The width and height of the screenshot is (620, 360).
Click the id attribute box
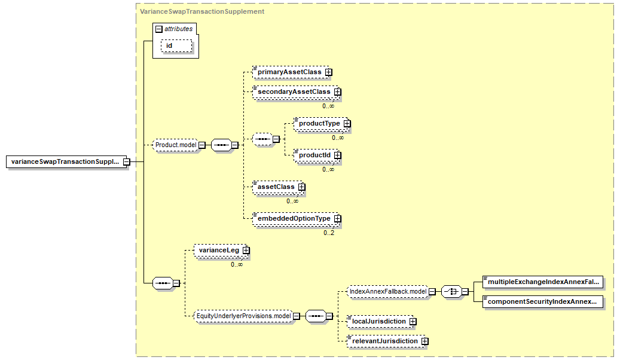click(176, 46)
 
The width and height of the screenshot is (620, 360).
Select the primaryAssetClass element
click(292, 72)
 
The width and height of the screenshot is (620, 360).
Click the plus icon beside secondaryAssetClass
click(337, 91)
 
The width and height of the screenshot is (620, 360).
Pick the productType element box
click(322, 123)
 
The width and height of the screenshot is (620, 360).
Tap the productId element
click(317, 155)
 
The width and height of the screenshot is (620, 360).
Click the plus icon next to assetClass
click(302, 187)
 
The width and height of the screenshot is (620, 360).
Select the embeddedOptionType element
click(296, 218)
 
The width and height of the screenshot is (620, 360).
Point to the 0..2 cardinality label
click(329, 233)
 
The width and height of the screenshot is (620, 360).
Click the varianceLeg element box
click(221, 250)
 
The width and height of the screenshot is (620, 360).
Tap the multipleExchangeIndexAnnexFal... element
click(543, 282)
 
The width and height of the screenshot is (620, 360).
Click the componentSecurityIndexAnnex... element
click(543, 301)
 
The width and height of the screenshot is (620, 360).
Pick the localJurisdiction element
click(381, 321)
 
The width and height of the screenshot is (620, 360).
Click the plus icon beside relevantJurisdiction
click(424, 341)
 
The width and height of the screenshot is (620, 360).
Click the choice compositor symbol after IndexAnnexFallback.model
click(451, 292)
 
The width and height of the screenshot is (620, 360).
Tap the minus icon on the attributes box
click(159, 29)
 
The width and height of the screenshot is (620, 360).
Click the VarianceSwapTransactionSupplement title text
click(202, 11)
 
